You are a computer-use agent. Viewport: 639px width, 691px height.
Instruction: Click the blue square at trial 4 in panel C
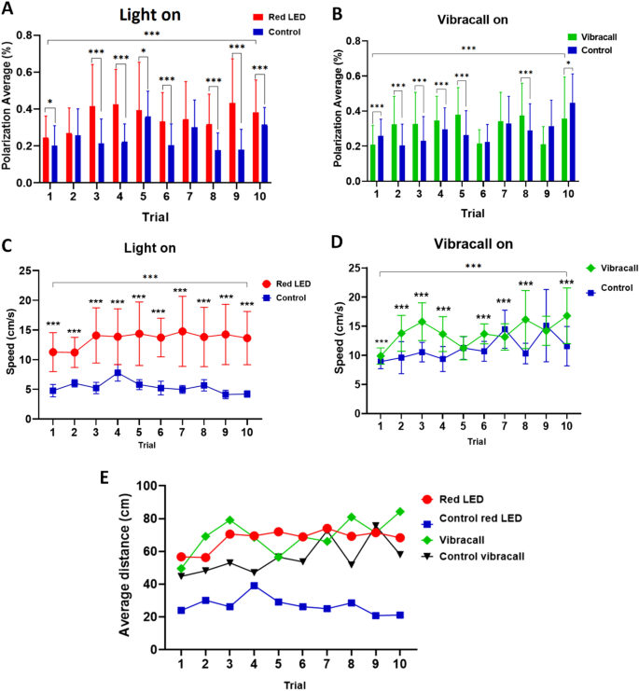pyautogui.click(x=118, y=373)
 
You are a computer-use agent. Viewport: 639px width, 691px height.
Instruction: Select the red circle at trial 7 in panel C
pyautogui.click(x=182, y=331)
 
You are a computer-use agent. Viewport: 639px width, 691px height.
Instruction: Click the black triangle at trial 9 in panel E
pyautogui.click(x=376, y=526)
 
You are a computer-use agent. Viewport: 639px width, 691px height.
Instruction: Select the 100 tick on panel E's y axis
pyautogui.click(x=141, y=486)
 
